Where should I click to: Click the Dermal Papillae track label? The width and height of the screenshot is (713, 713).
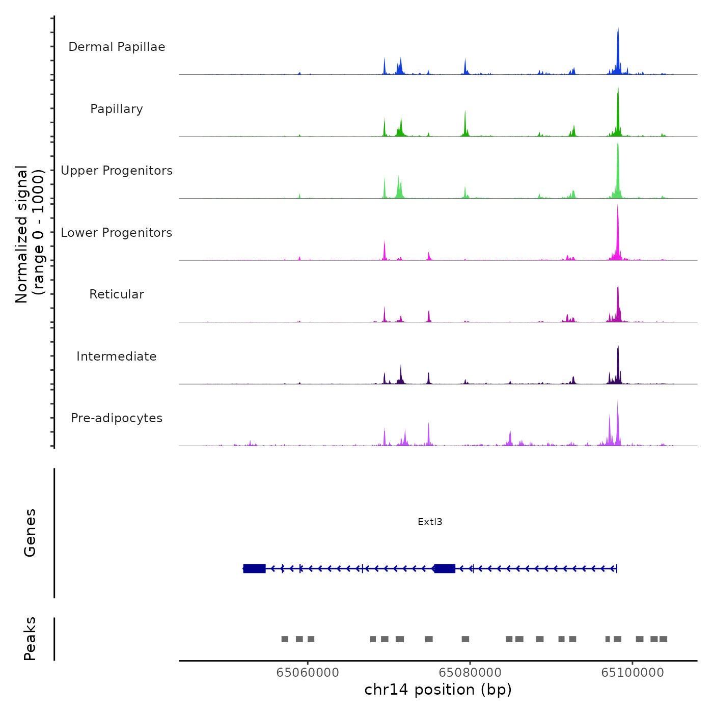[117, 47]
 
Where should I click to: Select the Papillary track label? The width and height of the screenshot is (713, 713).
[117, 109]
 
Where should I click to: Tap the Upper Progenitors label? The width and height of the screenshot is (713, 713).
[117, 171]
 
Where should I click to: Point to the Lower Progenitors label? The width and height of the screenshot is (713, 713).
[117, 233]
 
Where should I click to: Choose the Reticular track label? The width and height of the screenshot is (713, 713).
[117, 294]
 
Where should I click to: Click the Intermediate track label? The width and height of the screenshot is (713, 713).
[117, 356]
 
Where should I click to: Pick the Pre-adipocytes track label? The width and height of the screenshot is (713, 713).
[117, 418]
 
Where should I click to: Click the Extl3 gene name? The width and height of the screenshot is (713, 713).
[430, 522]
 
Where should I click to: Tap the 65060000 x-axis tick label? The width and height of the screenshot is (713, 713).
[308, 673]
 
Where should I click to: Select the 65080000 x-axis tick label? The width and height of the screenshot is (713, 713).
[470, 673]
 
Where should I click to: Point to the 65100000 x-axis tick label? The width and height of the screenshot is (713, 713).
[633, 673]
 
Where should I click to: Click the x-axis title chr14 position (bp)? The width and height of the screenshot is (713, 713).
[438, 690]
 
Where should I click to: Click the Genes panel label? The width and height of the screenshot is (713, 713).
[30, 533]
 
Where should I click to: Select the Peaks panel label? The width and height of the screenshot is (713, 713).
[30, 639]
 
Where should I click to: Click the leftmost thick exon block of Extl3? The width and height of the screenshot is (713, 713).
[254, 568]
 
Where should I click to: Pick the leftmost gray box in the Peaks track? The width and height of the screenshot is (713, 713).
[285, 639]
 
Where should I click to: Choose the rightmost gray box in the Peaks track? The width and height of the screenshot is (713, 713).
[663, 639]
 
